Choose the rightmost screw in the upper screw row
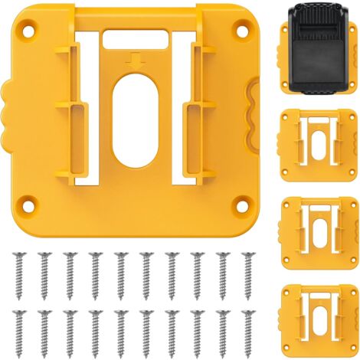tap(247, 273)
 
